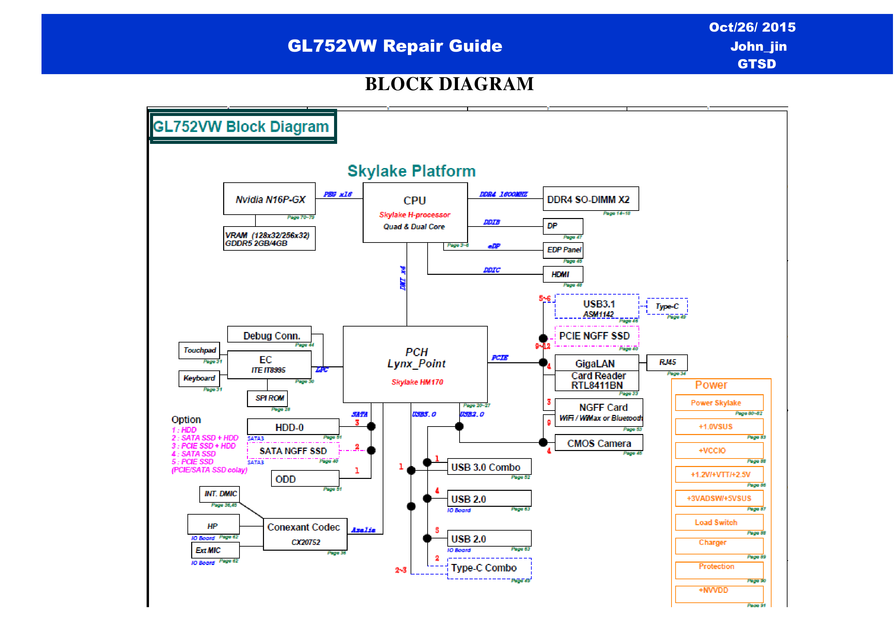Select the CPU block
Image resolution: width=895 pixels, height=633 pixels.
pyautogui.click(x=415, y=213)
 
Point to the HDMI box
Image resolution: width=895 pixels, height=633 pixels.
pyautogui.click(x=563, y=274)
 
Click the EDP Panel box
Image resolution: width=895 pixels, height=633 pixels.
pyautogui.click(x=563, y=250)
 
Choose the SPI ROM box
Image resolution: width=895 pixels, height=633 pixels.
pyautogui.click(x=267, y=398)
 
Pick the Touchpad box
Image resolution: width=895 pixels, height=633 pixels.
pyautogui.click(x=199, y=350)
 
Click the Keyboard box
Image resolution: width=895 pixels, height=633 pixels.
pyautogui.click(x=199, y=378)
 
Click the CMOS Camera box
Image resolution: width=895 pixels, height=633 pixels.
pyautogui.click(x=598, y=443)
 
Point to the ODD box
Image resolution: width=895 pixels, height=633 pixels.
pyautogui.click(x=305, y=479)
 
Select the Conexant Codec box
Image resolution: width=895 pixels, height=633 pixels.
pyautogui.click(x=305, y=534)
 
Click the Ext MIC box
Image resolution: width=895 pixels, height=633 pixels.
pyautogui.click(x=215, y=550)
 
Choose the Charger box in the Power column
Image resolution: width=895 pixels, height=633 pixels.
pyautogui.click(x=719, y=545)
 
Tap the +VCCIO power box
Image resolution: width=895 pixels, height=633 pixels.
pyautogui.click(x=719, y=450)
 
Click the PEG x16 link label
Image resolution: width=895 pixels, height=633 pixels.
pyautogui.click(x=337, y=194)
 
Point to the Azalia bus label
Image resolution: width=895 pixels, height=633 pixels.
pyautogui.click(x=363, y=530)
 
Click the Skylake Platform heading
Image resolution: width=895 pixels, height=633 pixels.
pyautogui.click(x=411, y=171)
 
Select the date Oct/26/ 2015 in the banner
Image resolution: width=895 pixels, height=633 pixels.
pyautogui.click(x=752, y=27)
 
